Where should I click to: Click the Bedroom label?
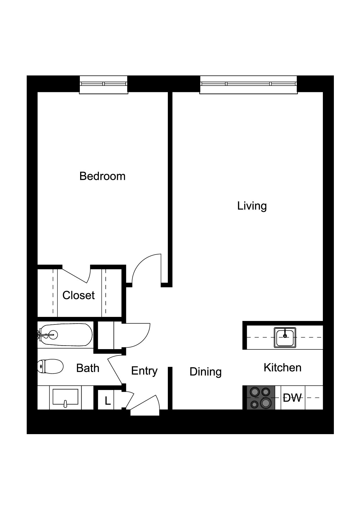[x=102, y=176]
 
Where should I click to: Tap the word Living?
[x=252, y=206]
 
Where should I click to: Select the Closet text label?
[x=78, y=295]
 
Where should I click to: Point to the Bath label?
[x=88, y=368]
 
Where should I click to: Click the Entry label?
[x=144, y=371]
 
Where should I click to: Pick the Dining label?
[x=206, y=371]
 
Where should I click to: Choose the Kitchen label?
[x=282, y=367]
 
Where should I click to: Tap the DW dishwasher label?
[x=292, y=398]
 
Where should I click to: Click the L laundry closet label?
[x=108, y=401]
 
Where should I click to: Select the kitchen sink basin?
[x=285, y=337]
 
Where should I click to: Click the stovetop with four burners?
[x=260, y=398]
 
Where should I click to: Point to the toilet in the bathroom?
[x=51, y=366]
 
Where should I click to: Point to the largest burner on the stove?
[x=265, y=402]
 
